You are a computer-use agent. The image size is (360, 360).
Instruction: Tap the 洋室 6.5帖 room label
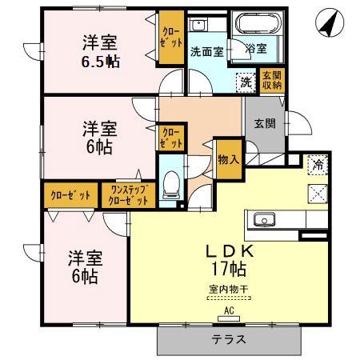point(98,52)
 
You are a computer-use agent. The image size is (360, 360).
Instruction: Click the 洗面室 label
point(206,52)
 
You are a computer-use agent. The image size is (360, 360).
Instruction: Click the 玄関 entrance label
point(265,124)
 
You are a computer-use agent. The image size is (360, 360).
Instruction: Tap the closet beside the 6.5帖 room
point(170,38)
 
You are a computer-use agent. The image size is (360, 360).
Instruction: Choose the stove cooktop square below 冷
point(317,192)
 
